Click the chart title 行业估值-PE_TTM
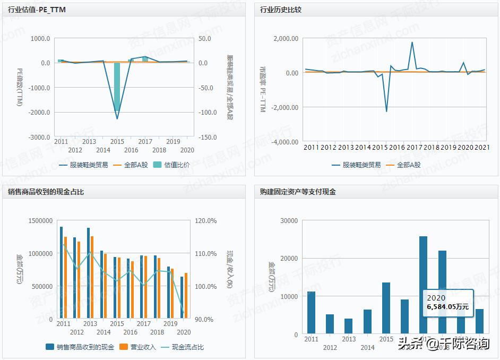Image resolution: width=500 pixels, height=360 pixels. (37, 10)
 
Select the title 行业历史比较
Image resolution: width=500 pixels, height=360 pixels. (280, 10)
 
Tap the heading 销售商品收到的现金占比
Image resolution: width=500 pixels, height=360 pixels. (46, 192)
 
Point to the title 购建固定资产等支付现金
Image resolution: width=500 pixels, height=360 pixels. (298, 192)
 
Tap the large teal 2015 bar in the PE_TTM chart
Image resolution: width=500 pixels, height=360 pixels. (117, 87)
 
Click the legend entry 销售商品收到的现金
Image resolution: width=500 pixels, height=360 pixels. (80, 347)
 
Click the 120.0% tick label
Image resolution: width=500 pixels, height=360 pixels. (206, 221)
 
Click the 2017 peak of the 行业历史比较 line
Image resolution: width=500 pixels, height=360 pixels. (412, 43)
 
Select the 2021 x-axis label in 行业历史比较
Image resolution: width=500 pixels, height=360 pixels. (481, 147)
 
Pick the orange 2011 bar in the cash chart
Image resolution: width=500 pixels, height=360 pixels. (65, 278)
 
